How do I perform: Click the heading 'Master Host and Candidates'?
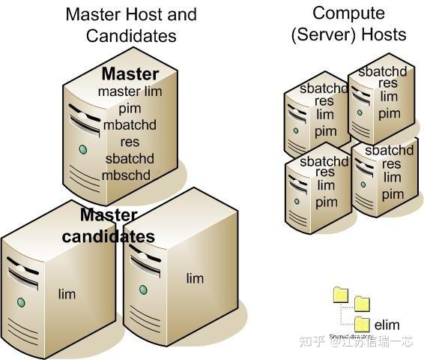coord(130,25)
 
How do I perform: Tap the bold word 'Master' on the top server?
coord(130,73)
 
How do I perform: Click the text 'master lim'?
coord(129,91)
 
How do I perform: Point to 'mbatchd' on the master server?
coord(130,124)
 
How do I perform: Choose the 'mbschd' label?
coord(127,175)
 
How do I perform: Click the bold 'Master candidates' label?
coord(108,226)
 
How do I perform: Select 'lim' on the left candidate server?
coord(67,293)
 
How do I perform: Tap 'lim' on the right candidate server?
coord(194,278)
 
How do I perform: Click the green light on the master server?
coord(82,149)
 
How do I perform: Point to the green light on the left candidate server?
coord(21,302)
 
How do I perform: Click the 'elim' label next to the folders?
coord(387,325)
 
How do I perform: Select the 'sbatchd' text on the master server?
coord(129,158)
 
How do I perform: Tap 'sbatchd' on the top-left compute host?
coord(324,88)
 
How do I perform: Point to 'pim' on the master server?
coord(129,107)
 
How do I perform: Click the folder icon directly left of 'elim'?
coord(363,323)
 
